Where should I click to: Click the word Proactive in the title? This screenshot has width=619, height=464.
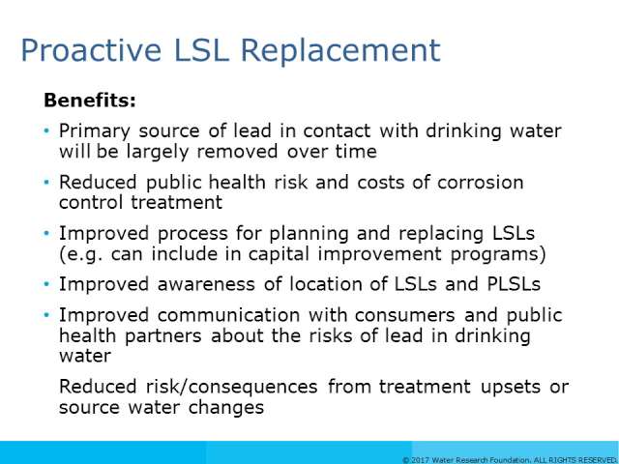click(x=91, y=51)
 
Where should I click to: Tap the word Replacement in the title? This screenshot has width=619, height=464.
click(x=340, y=51)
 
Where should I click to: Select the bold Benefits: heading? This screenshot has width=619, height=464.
click(x=90, y=101)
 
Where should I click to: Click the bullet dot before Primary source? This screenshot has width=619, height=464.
click(x=47, y=130)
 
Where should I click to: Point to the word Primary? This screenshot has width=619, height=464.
click(x=95, y=131)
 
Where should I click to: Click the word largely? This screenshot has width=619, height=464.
click(x=157, y=153)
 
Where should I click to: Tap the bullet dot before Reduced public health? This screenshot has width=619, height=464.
click(x=47, y=182)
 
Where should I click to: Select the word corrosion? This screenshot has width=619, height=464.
click(x=480, y=183)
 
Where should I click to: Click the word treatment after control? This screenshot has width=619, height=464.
click(x=176, y=202)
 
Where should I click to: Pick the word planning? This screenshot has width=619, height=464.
click(x=309, y=234)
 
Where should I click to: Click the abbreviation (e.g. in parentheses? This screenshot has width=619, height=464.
click(x=81, y=254)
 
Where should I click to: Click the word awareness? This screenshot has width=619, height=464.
click(x=206, y=284)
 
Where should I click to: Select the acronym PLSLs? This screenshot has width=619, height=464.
click(x=514, y=284)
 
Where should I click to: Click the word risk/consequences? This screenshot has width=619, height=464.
click(x=232, y=387)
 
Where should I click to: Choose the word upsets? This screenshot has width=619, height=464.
click(x=511, y=388)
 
